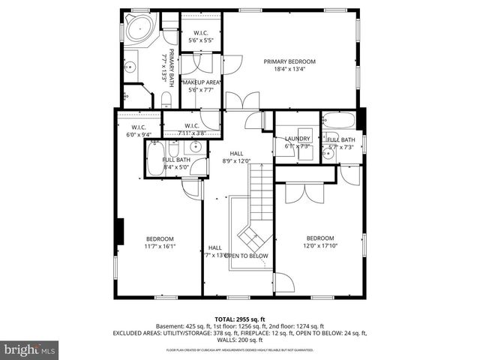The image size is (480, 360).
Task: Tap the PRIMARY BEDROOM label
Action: (289, 61)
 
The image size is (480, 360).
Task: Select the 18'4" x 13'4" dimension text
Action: (289, 70)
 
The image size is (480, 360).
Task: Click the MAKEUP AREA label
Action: (199, 81)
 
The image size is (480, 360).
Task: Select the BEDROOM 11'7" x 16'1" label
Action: (160, 239)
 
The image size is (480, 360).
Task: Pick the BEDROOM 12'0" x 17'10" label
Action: (320, 239)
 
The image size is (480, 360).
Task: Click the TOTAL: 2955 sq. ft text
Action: (239, 319)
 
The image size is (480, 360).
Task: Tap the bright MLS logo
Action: (30, 349)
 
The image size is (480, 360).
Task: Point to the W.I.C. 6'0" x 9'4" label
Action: (138, 130)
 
